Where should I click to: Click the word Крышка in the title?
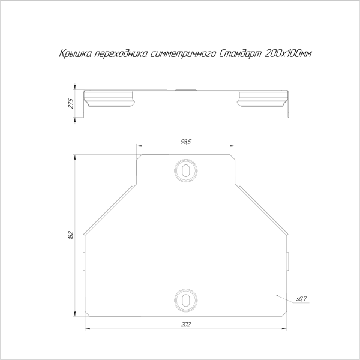coord(76,54)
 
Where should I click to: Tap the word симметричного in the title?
coord(184,54)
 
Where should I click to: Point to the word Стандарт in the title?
coord(241,54)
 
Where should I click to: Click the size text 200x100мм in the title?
coord(288,54)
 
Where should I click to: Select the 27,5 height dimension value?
coord(71,103)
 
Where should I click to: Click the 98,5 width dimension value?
coord(186,142)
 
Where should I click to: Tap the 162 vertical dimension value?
coord(71,235)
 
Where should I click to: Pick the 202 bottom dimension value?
coord(186,325)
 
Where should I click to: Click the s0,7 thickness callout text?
coord(302,299)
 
